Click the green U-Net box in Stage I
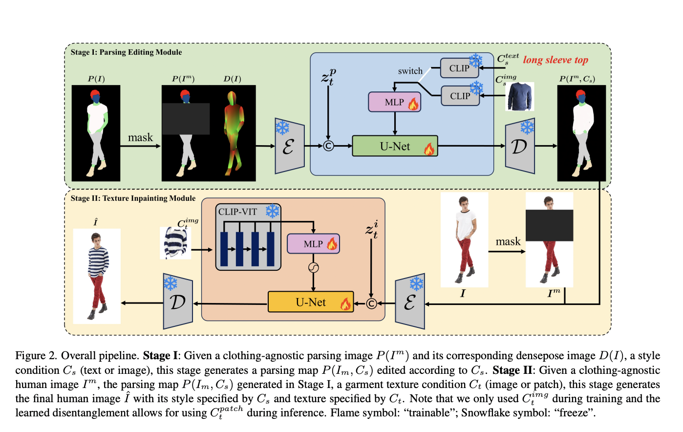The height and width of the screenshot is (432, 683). [395, 146]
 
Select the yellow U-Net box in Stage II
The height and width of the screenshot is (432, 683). [310, 302]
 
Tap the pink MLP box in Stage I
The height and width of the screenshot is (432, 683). [395, 102]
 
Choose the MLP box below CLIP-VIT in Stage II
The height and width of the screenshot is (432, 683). [313, 244]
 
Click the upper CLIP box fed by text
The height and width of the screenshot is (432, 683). [460, 68]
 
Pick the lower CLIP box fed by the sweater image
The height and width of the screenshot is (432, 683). [460, 96]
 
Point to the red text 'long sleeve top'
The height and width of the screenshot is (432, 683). [555, 60]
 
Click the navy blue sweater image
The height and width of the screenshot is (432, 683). [520, 96]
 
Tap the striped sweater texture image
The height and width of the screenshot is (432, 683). [176, 243]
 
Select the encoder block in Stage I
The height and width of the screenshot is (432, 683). [289, 146]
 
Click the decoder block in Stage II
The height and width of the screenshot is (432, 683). [178, 302]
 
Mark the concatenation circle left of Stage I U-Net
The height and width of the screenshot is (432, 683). [329, 146]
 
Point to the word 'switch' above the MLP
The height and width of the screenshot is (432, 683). [410, 71]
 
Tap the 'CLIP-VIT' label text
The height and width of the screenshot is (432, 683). [237, 212]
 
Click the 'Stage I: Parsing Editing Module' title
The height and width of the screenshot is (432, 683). [126, 52]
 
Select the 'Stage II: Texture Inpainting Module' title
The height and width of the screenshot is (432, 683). [133, 198]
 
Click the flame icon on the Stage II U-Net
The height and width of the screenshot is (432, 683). [345, 304]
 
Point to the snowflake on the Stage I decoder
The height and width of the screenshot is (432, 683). [527, 128]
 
